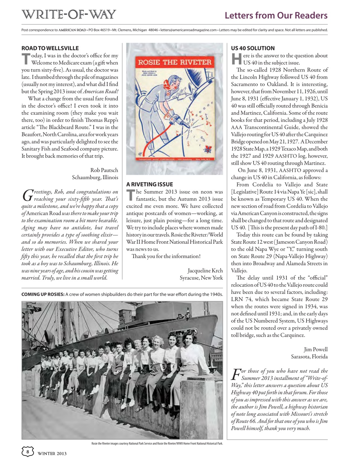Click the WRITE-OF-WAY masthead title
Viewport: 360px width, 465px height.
(x=68, y=15)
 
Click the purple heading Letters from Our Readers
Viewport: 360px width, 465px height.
(x=276, y=15)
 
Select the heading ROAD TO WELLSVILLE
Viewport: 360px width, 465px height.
(x=50, y=48)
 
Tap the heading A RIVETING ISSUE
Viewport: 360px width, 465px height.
(x=150, y=185)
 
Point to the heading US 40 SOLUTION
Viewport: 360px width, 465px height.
(x=253, y=48)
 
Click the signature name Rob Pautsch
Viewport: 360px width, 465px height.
(x=104, y=170)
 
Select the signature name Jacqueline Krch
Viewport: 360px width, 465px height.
(x=205, y=271)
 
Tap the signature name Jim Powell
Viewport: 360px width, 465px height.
(x=316, y=349)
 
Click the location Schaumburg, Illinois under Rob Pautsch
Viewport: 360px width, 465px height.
(x=95, y=177)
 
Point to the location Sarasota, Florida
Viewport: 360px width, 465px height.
(x=309, y=357)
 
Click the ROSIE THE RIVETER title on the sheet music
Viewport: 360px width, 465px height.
(x=175, y=62)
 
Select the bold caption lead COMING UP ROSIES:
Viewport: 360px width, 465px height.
(x=43, y=294)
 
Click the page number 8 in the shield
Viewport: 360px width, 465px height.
(x=28, y=452)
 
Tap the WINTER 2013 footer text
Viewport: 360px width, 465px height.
(x=52, y=453)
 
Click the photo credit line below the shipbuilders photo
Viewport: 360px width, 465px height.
(x=157, y=443)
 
